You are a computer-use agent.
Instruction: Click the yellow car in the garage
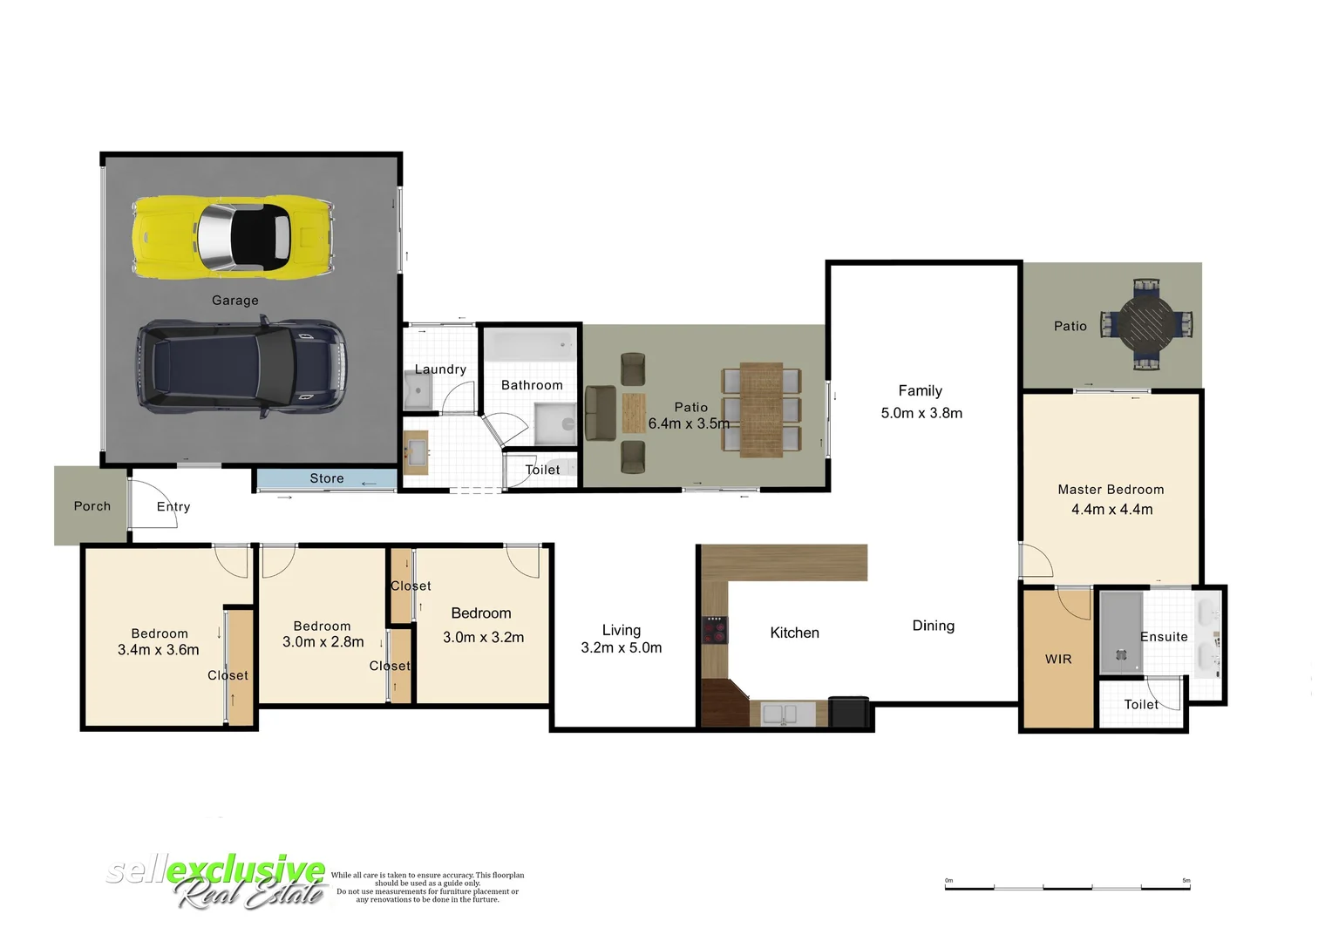point(234,237)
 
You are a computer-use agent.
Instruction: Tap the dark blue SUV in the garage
point(241,369)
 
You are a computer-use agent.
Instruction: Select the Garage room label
point(235,301)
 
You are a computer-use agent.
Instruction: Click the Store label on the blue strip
point(327,478)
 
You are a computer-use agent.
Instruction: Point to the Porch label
point(92,506)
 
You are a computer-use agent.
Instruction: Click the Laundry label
point(440,369)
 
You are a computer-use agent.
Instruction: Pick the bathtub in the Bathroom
point(530,345)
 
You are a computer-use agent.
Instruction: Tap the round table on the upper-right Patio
point(1146,325)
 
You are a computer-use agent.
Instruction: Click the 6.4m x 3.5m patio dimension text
point(689,424)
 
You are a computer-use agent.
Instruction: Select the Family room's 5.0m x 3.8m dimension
point(921,413)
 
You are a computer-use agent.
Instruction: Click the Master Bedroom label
point(1111,490)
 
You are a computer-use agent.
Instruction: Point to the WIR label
point(1058,660)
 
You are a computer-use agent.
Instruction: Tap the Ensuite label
point(1164,637)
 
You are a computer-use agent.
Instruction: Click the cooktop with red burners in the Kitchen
point(716,629)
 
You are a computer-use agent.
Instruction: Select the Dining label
point(933,626)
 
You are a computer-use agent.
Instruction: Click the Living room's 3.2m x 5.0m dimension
point(622,648)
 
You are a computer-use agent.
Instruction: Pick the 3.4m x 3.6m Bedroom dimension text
point(159,650)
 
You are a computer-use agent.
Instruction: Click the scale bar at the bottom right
point(1067,886)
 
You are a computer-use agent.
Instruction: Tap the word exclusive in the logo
point(247,869)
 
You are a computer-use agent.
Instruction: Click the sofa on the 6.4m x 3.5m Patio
point(601,414)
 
